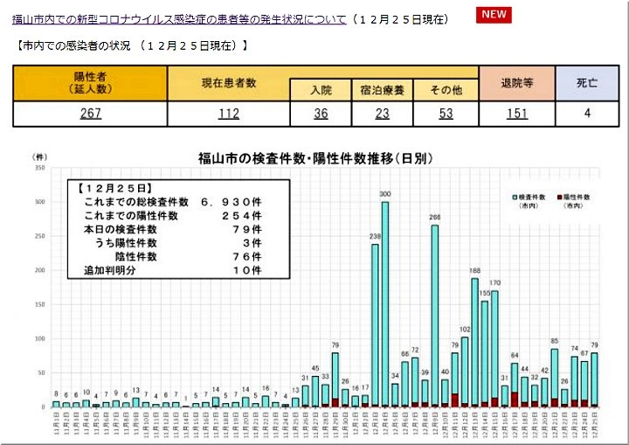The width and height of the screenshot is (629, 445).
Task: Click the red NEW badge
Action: coord(494,15)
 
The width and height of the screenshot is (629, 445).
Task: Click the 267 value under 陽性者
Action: coord(91,114)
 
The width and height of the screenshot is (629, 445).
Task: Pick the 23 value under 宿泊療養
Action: coord(382,114)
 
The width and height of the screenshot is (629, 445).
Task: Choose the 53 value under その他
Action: coord(446,114)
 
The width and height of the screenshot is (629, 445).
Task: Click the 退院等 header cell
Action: coord(516,83)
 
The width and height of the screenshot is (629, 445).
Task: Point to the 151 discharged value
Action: coord(516,114)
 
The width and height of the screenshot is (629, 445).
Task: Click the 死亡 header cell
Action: coord(588,83)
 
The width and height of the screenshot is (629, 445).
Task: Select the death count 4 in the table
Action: coord(588,114)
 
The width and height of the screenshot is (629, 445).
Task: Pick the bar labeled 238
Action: coord(376,323)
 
